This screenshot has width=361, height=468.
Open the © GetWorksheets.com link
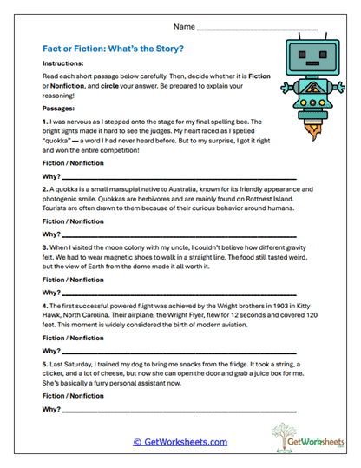[x=180, y=441]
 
